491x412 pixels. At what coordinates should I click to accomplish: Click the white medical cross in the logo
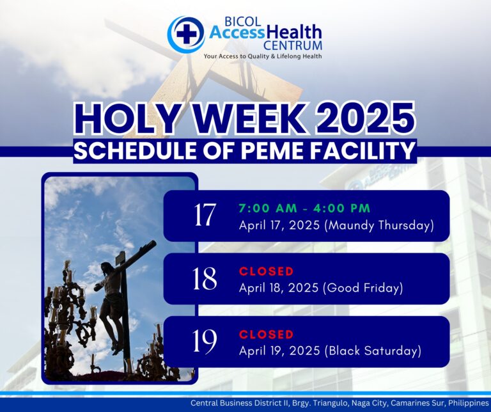click(x=186, y=34)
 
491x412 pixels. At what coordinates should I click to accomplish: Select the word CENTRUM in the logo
click(x=293, y=45)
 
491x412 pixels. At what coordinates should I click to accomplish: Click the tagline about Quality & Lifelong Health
click(x=262, y=56)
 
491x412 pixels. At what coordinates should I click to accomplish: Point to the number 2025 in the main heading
click(x=365, y=119)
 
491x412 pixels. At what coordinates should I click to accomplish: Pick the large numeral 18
click(x=205, y=278)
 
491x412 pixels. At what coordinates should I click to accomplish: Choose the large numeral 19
click(x=204, y=342)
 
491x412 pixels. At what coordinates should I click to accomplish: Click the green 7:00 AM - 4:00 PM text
click(x=304, y=209)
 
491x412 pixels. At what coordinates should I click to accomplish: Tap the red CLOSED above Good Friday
click(x=266, y=271)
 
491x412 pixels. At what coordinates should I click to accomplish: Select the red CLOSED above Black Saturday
click(x=266, y=335)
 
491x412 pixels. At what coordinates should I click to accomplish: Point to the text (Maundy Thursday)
click(x=379, y=226)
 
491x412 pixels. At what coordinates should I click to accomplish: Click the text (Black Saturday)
click(x=373, y=351)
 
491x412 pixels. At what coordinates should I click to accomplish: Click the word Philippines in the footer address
click(x=469, y=402)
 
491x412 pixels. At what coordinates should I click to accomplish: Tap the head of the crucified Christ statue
click(x=107, y=268)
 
